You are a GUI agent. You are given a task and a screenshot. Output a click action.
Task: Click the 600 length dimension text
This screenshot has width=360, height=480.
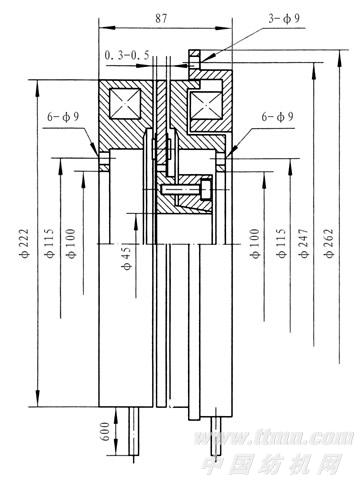click(106, 431)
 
